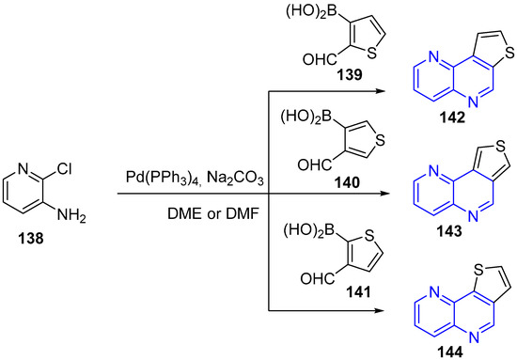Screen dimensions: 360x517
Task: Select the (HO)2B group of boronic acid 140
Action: [x=296, y=117]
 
